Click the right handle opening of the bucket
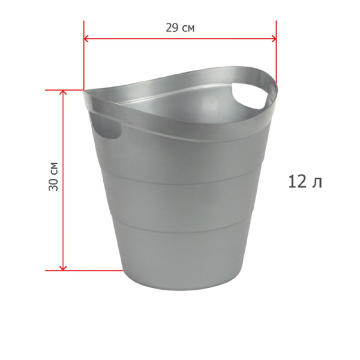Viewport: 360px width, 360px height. click(248, 97)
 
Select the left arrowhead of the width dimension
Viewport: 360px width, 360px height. click(87, 39)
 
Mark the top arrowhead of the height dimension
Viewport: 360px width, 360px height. click(63, 94)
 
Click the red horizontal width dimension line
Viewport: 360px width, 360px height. click(180, 39)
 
